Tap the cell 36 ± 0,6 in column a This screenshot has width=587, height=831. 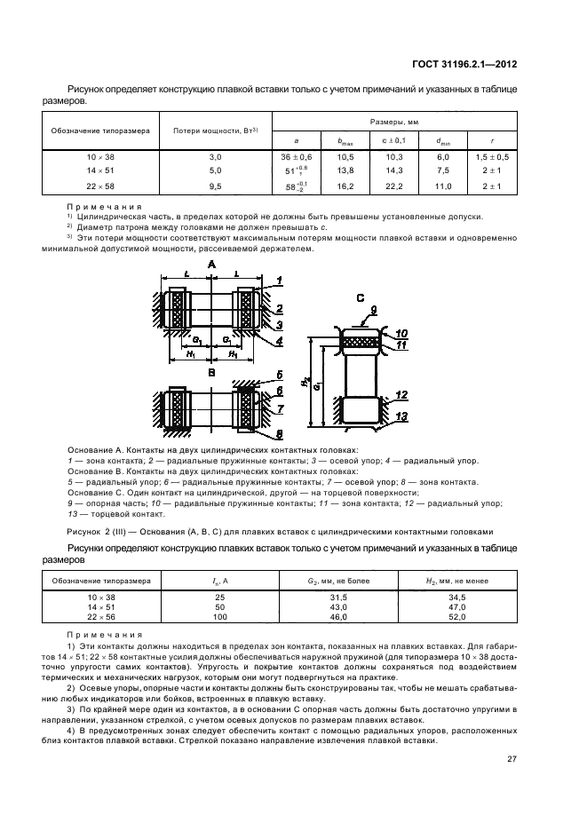(297, 156)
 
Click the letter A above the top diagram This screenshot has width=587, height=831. (211, 265)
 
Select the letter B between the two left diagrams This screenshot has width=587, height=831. (211, 374)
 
